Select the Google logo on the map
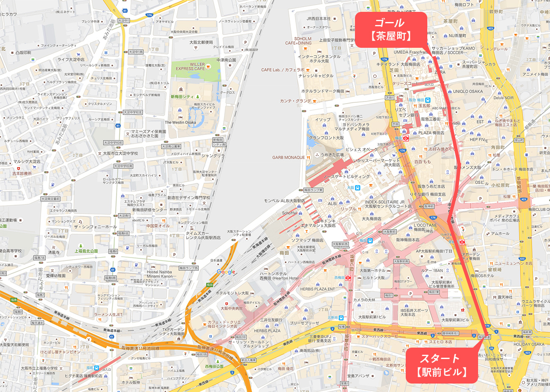(225, 272)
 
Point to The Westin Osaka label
(180, 123)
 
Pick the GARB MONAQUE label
(289, 157)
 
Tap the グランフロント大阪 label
(326, 138)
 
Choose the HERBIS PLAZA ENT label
(317, 289)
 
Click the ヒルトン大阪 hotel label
(374, 278)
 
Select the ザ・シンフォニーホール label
(95, 227)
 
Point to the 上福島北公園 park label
(86, 251)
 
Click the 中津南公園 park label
(226, 60)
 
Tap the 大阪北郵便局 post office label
(201, 42)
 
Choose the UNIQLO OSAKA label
(467, 91)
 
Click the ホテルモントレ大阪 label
(232, 293)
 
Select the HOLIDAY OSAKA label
(529, 344)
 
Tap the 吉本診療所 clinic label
(22, 173)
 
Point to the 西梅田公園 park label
(214, 366)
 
